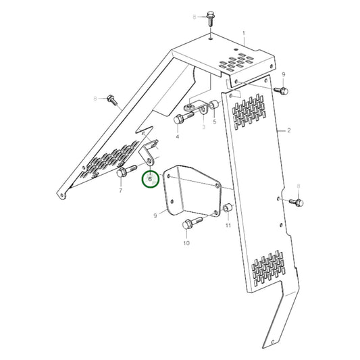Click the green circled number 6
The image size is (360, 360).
149,181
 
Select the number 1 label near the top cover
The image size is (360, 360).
244,33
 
